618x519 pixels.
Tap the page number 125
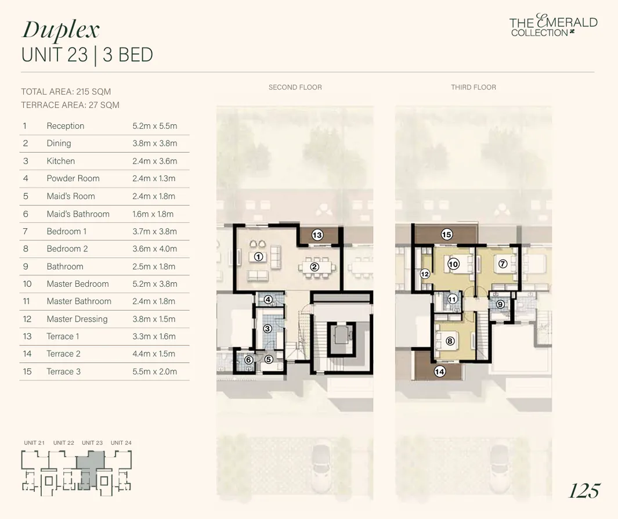[x=584, y=491]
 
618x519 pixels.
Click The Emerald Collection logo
[x=553, y=26]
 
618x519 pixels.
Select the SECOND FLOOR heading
[x=295, y=87]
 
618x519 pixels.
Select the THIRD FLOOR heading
[x=474, y=87]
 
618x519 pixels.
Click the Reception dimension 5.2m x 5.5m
[x=154, y=126]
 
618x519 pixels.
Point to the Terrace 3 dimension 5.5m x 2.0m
[x=154, y=372]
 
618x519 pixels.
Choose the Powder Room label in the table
[x=73, y=178]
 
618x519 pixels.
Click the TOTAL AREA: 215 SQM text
[x=66, y=92]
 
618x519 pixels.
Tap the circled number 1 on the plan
[x=259, y=256]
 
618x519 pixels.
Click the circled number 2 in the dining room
[x=315, y=267]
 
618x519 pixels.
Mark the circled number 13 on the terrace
[x=317, y=235]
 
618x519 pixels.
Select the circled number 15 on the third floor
[x=446, y=235]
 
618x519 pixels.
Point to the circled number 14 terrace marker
[x=440, y=372]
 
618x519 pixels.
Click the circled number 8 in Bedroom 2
[x=450, y=341]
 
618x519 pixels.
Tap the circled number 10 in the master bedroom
[x=453, y=264]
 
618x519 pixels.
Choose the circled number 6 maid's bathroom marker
[x=248, y=360]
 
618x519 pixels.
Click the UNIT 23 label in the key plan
[x=92, y=443]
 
